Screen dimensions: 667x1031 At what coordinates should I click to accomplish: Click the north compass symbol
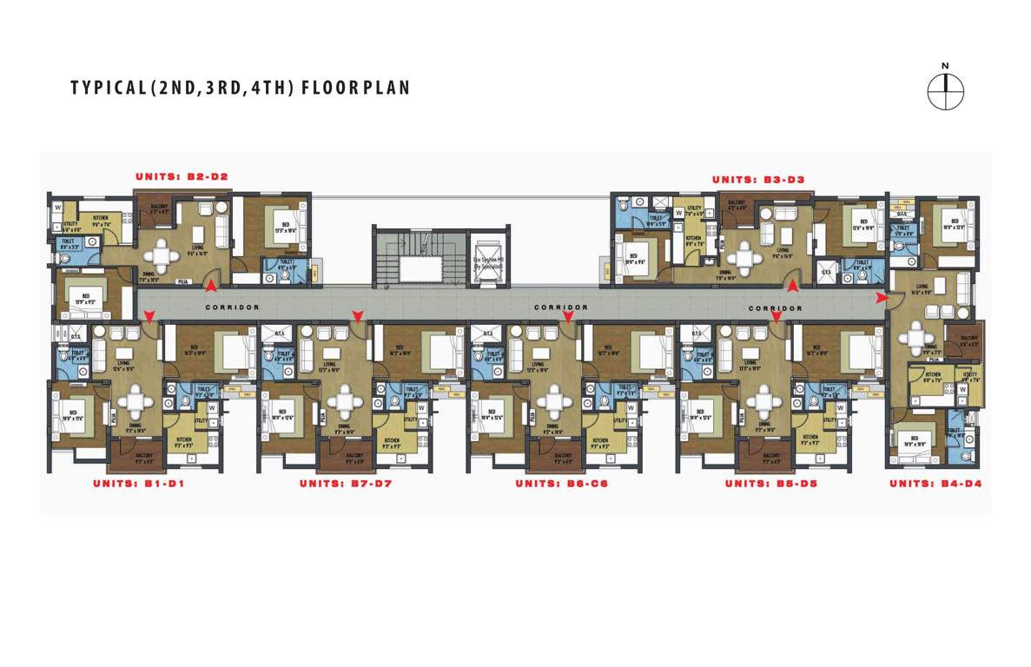(946, 90)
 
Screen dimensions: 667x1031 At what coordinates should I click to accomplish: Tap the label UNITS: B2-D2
(182, 177)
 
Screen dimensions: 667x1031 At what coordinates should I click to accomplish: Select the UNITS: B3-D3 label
(758, 180)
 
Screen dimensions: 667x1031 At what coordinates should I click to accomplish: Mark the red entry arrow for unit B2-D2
(210, 281)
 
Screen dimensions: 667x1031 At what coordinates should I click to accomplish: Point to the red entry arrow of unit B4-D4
(882, 298)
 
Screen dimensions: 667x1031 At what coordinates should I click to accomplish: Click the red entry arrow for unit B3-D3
(791, 281)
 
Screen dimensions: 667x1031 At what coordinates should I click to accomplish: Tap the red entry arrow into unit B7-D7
(356, 317)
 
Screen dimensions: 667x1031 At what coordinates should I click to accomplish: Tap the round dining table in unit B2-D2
(162, 254)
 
